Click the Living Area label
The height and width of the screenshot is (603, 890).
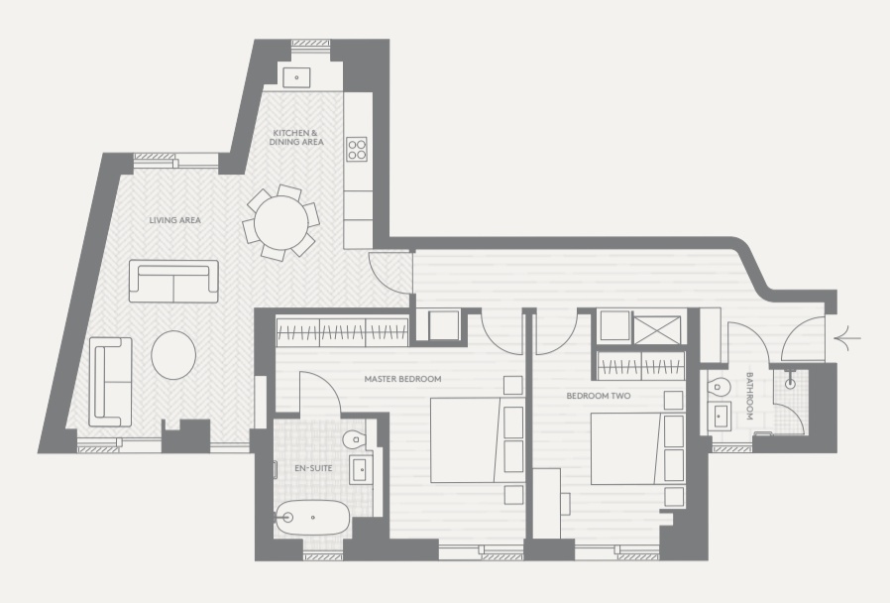[x=174, y=220]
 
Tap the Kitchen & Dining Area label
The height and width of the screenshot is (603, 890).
[x=296, y=138]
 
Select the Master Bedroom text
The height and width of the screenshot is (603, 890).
[x=402, y=379]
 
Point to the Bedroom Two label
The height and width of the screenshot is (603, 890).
[x=599, y=396]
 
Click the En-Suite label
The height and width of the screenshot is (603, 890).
[x=313, y=468]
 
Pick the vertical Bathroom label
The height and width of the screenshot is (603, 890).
[x=749, y=396]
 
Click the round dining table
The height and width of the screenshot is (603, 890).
[x=280, y=222]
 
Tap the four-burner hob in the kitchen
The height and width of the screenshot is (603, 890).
[x=357, y=150]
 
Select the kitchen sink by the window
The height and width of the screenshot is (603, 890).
[x=296, y=77]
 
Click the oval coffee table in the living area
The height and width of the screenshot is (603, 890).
[x=173, y=355]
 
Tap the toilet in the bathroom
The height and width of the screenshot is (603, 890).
[x=718, y=387]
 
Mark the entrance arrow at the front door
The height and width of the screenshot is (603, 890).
[x=847, y=339]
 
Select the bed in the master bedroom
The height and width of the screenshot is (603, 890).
[x=477, y=440]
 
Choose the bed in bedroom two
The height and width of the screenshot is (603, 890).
[x=637, y=448]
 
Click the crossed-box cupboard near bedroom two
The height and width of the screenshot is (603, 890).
[x=657, y=330]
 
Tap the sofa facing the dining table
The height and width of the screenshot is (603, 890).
[x=173, y=281]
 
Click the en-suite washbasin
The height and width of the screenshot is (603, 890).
[x=360, y=469]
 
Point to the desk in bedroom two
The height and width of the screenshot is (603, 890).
[x=547, y=503]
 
